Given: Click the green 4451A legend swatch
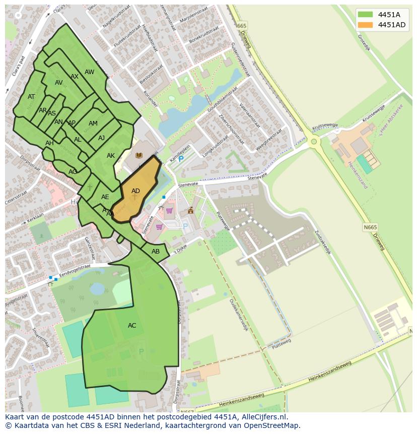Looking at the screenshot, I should coord(366,15).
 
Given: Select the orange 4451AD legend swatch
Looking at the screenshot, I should coord(366,25).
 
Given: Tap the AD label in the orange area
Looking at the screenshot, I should coord(135,191).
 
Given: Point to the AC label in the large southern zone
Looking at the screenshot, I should coord(132,326).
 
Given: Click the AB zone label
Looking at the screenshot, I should coord(156,252).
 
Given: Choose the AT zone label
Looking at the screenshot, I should coord(31,97).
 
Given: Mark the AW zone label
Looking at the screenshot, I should coord(89,72).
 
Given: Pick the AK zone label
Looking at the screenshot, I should coord(111,156).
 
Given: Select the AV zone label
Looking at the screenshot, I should coord(59,83).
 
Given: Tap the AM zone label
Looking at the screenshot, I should coord(93,123).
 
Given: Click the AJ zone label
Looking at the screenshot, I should coord(101,138).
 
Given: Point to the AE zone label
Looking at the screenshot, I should coord(105,197).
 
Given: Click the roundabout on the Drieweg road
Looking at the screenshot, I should coord(314,141).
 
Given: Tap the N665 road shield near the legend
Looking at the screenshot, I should coord(241,26).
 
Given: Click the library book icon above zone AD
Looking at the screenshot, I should coord(139,156).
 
